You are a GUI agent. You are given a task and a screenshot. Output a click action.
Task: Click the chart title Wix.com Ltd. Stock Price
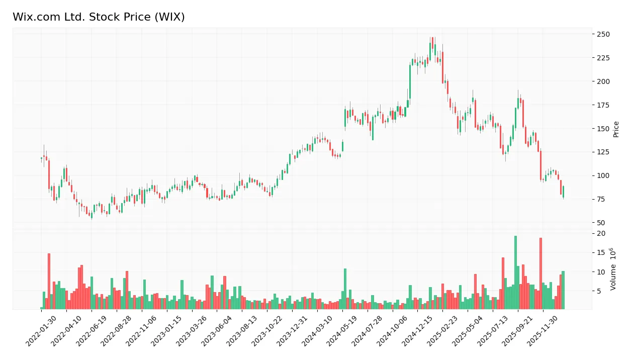(x=99, y=17)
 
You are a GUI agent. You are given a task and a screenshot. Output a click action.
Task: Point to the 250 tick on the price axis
(x=603, y=34)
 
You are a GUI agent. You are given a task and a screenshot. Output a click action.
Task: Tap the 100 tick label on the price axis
(x=603, y=175)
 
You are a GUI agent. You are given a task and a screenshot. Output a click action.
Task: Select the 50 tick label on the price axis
(x=601, y=223)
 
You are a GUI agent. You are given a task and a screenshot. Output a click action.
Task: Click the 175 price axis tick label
(x=603, y=105)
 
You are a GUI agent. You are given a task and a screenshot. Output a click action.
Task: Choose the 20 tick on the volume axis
(x=601, y=233)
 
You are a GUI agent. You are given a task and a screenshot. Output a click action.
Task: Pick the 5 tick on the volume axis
(x=600, y=291)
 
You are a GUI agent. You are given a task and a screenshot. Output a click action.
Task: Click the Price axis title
(x=616, y=129)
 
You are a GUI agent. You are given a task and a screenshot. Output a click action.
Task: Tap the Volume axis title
(x=613, y=269)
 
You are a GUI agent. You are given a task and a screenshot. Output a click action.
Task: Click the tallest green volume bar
(x=515, y=272)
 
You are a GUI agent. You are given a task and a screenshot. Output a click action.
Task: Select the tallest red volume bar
(x=540, y=273)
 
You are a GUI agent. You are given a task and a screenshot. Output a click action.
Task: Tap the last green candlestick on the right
(x=563, y=192)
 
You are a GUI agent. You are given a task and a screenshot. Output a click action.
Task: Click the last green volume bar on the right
(x=563, y=290)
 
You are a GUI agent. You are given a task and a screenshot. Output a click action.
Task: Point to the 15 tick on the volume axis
(x=601, y=252)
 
